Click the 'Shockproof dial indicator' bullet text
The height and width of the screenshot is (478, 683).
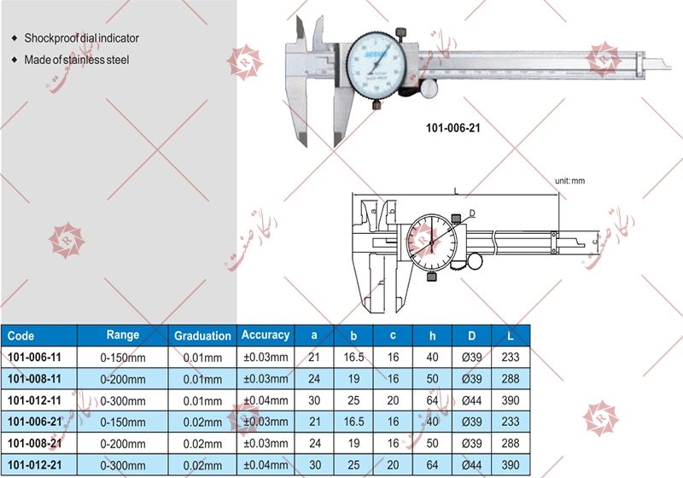[81, 38]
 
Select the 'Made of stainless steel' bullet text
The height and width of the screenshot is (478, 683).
[76, 60]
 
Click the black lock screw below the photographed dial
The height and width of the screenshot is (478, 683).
[377, 105]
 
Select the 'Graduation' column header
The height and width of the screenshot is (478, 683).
[202, 336]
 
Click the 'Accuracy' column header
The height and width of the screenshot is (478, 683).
[266, 335]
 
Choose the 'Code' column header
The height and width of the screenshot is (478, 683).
[20, 336]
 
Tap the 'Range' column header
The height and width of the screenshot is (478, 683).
[122, 335]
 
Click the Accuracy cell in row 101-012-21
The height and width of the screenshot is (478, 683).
[266, 463]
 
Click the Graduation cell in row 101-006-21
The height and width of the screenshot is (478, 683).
[202, 421]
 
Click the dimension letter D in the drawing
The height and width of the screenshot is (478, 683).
[472, 213]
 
